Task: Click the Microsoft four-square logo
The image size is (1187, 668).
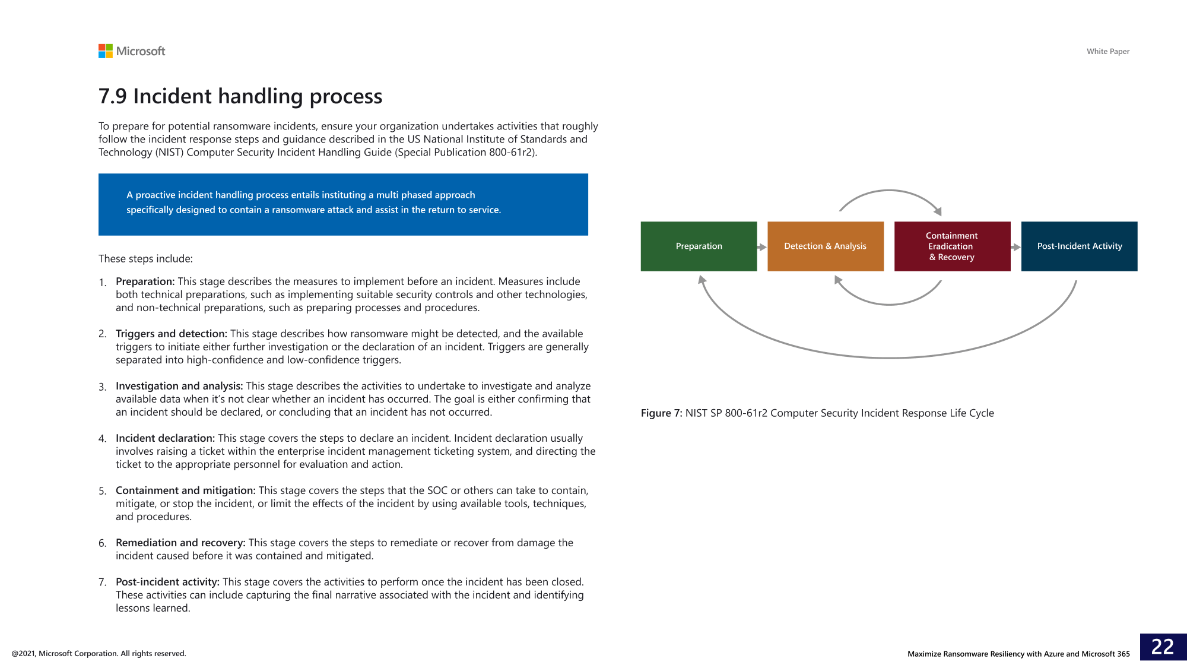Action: pos(105,51)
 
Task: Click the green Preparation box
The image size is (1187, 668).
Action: pos(699,246)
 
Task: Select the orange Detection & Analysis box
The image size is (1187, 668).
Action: pos(825,246)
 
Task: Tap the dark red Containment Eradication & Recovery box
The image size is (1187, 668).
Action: pos(952,246)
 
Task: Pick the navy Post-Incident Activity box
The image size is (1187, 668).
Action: pos(1079,246)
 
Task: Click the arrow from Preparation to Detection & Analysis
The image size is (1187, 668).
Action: pos(762,247)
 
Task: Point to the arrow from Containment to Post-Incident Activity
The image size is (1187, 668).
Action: pos(1015,247)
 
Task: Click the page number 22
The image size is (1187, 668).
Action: pos(1163,647)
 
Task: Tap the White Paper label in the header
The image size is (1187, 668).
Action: pos(1107,52)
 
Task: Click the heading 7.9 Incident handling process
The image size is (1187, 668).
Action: pos(240,96)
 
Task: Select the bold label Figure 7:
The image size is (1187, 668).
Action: pos(661,413)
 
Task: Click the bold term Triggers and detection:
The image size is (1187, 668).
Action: pos(172,334)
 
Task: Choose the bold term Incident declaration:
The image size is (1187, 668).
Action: pos(165,438)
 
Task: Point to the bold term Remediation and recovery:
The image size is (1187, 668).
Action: pos(180,543)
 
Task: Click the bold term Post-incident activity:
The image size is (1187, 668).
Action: pos(167,582)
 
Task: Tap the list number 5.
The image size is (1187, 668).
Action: pos(102,491)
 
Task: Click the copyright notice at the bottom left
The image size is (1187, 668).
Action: pos(99,654)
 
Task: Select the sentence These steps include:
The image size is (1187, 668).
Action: pos(145,259)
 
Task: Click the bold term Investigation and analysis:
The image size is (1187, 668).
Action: pos(179,386)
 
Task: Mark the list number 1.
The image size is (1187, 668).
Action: pos(102,282)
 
